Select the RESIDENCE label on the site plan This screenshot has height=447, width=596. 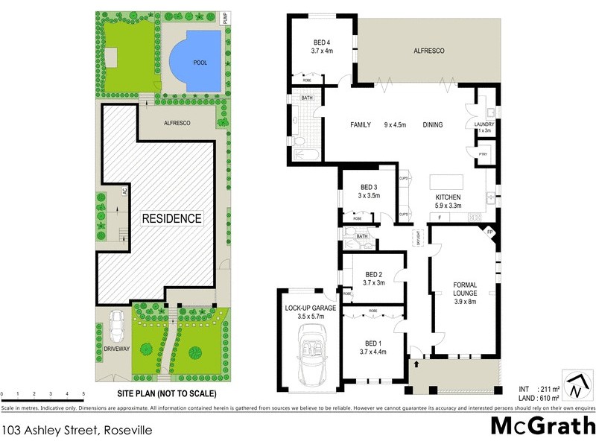[173, 218]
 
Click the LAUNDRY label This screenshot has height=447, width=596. [484, 124]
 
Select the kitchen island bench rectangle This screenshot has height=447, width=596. [446, 181]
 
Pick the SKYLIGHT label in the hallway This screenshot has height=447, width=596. [419, 238]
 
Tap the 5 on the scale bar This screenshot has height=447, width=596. [83, 393]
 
